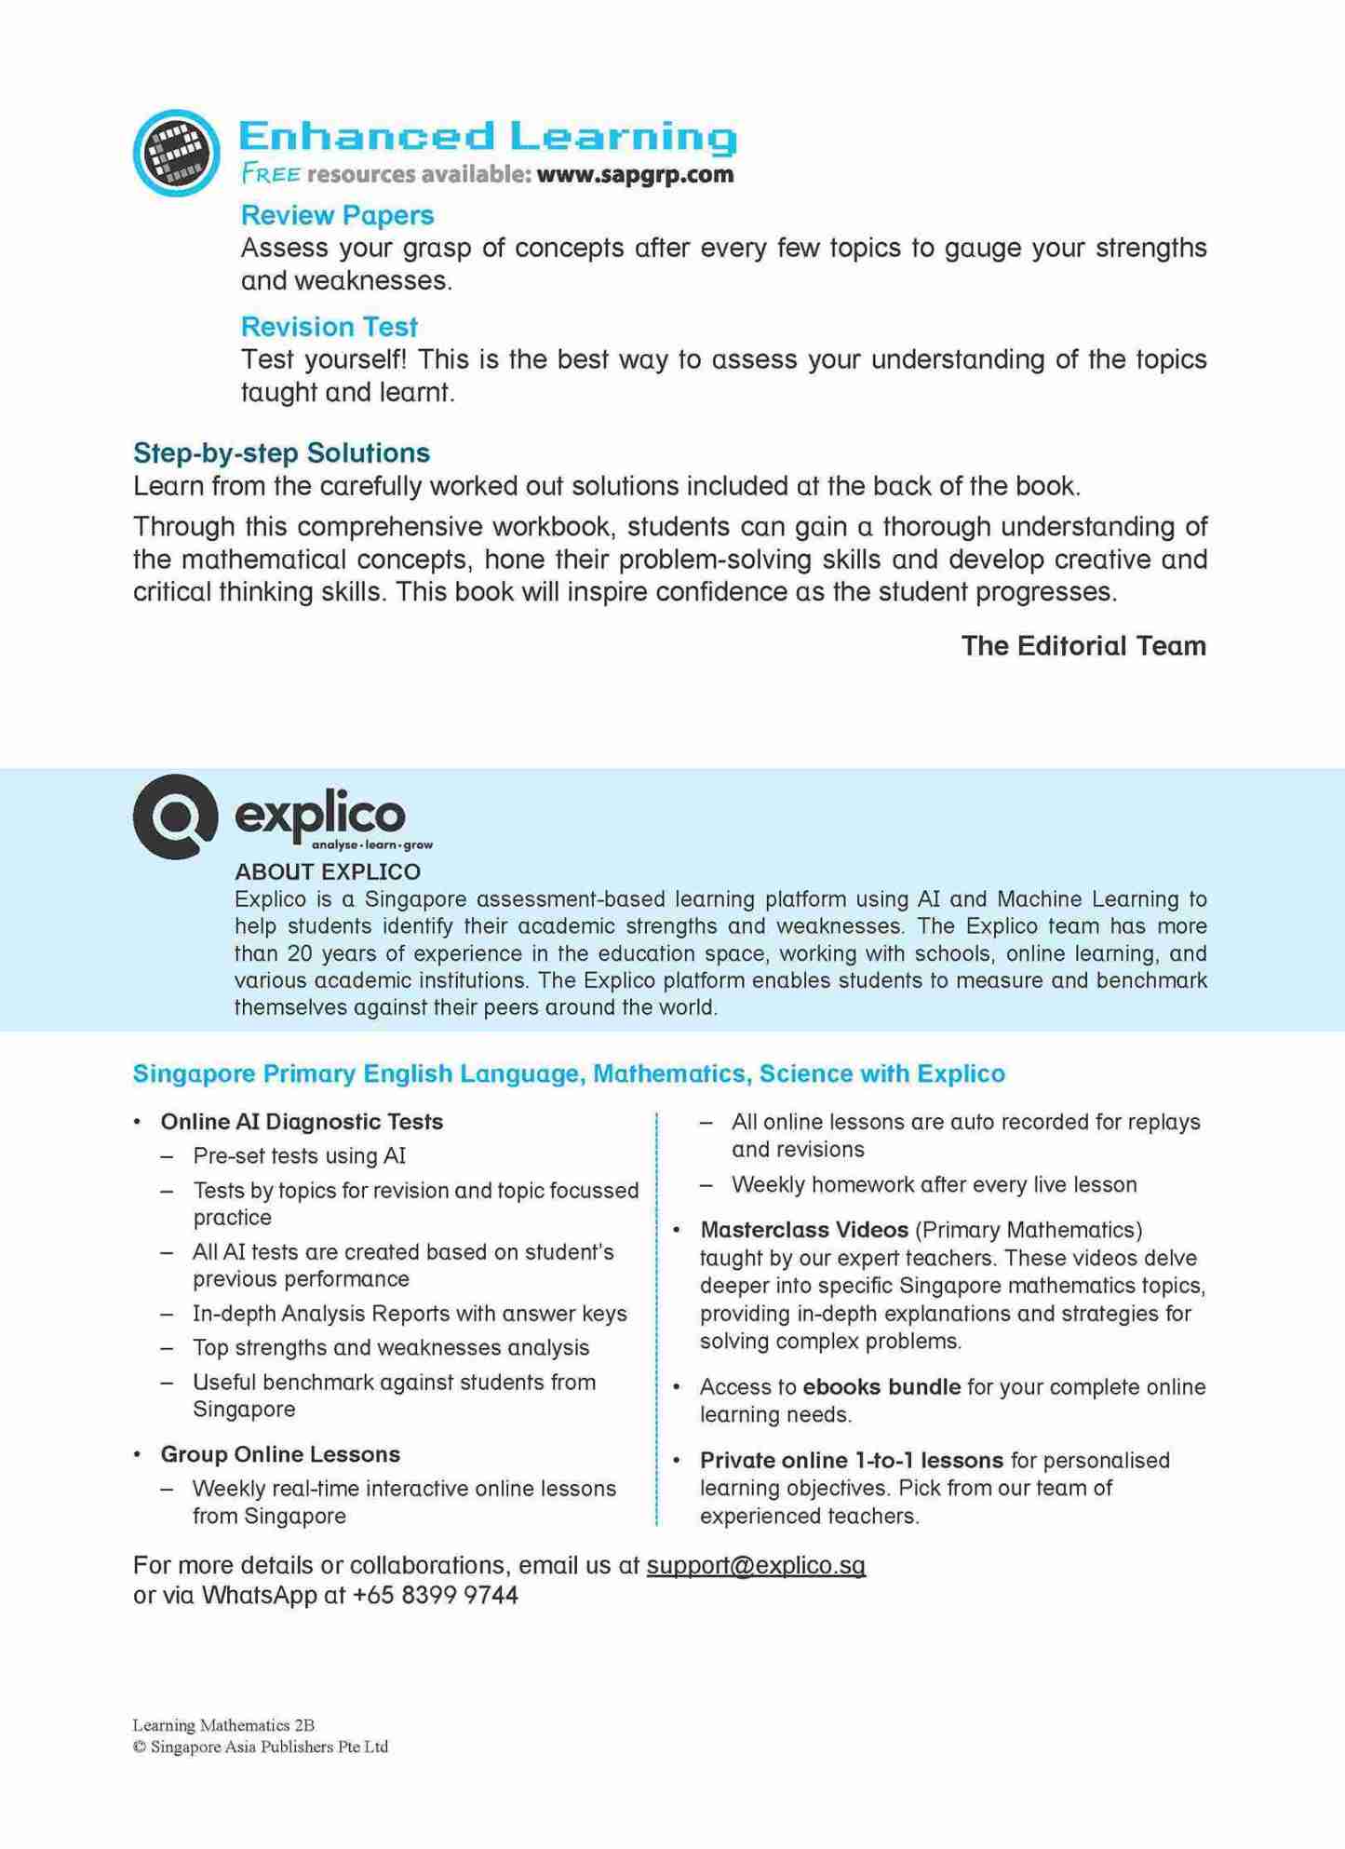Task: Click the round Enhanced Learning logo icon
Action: coord(176,153)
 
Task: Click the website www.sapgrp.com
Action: coord(635,174)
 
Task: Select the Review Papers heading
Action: coord(337,215)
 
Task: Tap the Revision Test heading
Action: coord(329,327)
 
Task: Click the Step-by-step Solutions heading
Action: coord(281,452)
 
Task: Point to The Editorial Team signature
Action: coord(1083,645)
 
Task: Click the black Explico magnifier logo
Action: coord(175,816)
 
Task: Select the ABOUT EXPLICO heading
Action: coord(328,871)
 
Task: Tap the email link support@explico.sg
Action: coord(756,1565)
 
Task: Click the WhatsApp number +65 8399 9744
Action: coord(435,1596)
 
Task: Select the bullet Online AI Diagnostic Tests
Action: coord(302,1122)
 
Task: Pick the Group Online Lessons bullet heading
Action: coord(280,1454)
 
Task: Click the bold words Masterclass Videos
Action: coord(803,1230)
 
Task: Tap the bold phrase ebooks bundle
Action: coord(881,1387)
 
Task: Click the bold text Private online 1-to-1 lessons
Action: coord(851,1460)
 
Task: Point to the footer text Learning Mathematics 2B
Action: coord(223,1725)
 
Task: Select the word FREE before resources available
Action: coord(271,174)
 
